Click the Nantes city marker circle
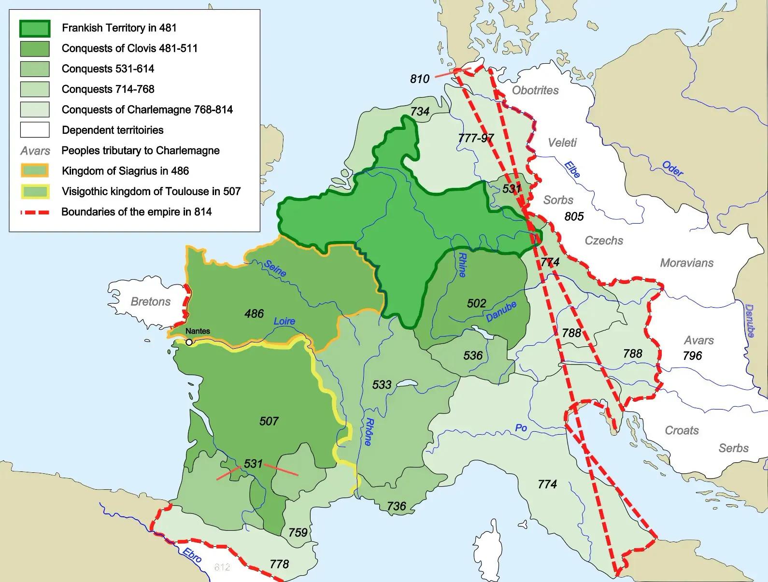tap(189, 342)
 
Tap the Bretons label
tap(151, 302)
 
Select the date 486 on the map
tap(254, 314)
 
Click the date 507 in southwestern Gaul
tap(269, 421)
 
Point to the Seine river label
tap(275, 269)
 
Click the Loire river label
tap(284, 321)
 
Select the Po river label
tap(521, 428)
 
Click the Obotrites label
tap(535, 90)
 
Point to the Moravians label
tap(686, 263)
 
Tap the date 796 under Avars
tap(692, 356)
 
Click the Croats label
tap(682, 430)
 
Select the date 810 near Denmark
tap(420, 79)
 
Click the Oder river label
tap(672, 169)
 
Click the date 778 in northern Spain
tap(279, 564)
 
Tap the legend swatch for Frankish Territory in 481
tap(34, 28)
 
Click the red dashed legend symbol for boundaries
tap(34, 212)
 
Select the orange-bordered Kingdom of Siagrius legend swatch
tap(34, 171)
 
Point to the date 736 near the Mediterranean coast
tap(396, 506)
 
